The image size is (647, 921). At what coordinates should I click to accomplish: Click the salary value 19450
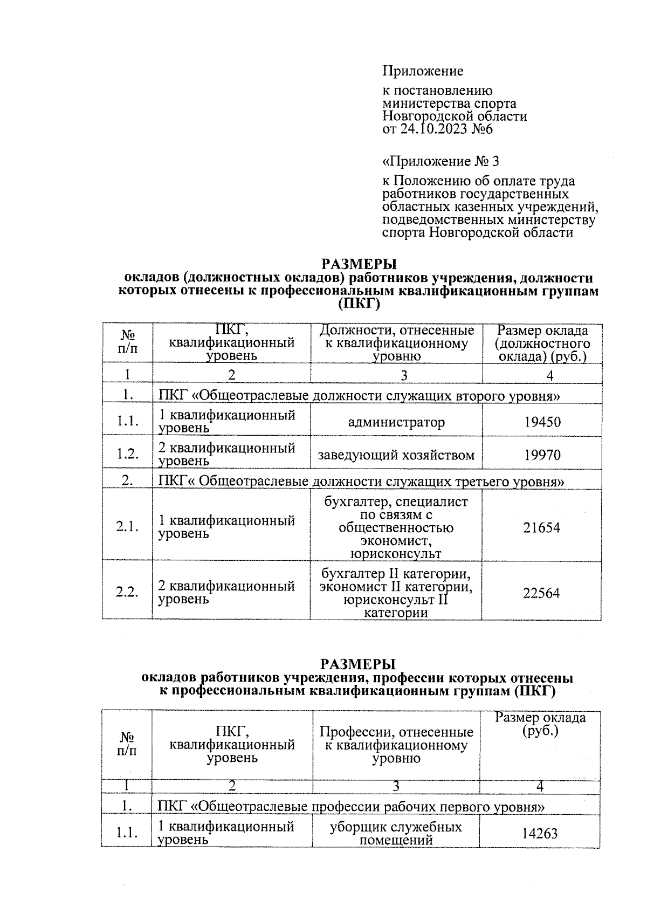[542, 422]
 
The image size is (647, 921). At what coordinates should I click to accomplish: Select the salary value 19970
[542, 455]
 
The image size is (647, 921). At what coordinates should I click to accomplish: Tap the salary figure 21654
[541, 527]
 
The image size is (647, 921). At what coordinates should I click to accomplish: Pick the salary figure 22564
[541, 593]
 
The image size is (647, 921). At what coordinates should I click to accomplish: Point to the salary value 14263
[539, 833]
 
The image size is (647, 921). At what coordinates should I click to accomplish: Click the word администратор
[396, 422]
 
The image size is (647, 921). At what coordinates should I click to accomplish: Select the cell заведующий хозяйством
[396, 455]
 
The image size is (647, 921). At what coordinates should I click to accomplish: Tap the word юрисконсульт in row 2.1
[396, 554]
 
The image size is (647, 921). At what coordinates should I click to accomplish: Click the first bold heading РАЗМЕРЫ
[359, 264]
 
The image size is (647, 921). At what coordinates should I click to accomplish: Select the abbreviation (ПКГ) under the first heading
[359, 305]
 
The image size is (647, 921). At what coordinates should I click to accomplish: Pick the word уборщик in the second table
[354, 827]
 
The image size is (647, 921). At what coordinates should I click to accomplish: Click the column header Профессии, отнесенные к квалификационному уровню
[396, 745]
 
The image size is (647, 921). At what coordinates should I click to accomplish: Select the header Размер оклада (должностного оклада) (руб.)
[542, 343]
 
